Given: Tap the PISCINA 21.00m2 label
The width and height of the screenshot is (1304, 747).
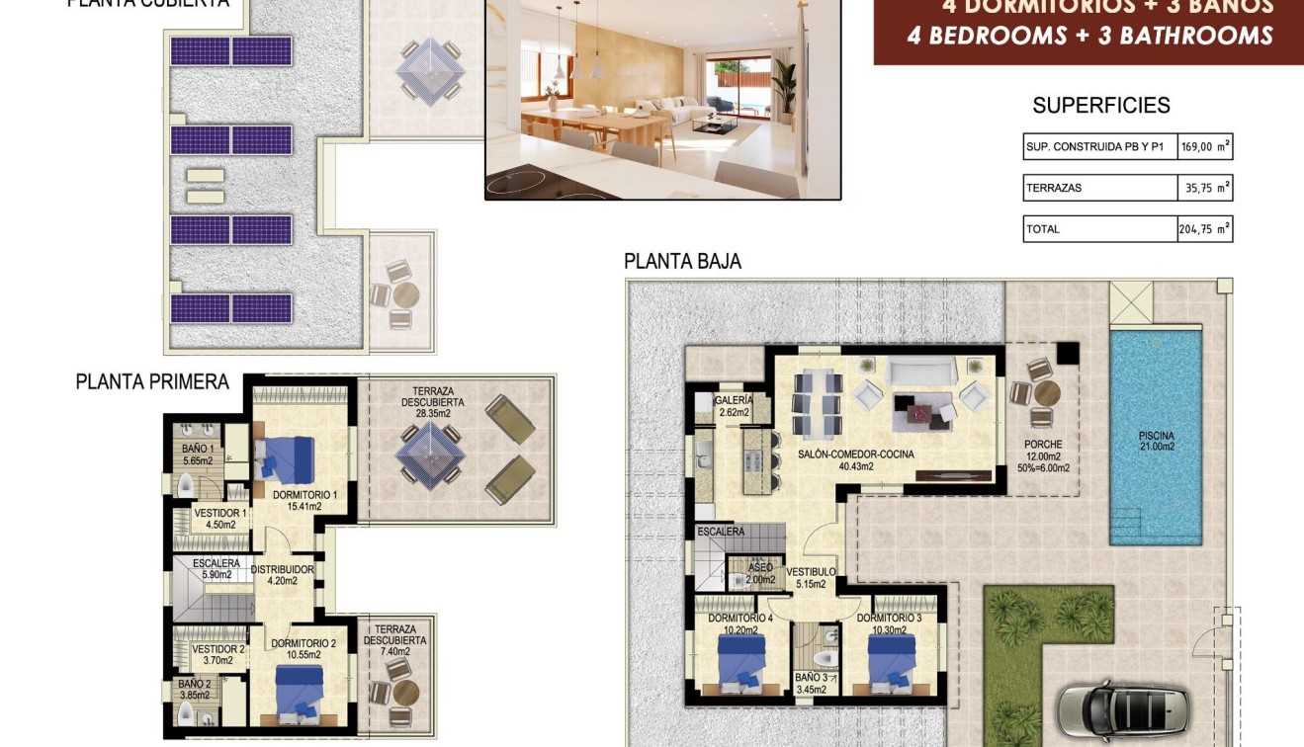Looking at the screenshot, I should tap(1155, 442).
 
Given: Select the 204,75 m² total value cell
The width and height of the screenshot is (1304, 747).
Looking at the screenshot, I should tap(1205, 229).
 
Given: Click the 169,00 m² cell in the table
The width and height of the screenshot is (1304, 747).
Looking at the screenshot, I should tap(1205, 147).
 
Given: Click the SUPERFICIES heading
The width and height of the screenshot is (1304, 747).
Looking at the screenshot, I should tap(1100, 106).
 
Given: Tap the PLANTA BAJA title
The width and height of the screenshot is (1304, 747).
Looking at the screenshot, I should tap(682, 262).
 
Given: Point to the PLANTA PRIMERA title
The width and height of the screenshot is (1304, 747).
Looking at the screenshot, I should tap(152, 382).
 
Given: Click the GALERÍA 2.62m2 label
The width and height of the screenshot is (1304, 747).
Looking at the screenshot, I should tap(734, 406).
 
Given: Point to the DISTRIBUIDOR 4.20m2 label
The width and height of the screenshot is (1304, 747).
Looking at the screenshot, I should tap(282, 575).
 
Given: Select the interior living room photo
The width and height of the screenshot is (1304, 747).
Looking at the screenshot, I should tap(662, 99).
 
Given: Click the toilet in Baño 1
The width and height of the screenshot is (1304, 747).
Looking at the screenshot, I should tap(186, 486).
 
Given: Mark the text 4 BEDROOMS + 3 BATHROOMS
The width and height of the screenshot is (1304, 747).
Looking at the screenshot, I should tap(1089, 36).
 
